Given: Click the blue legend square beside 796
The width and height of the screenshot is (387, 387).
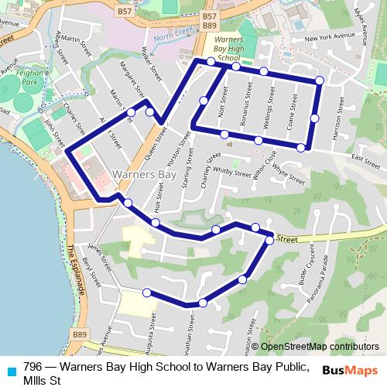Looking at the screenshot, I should click(11, 371).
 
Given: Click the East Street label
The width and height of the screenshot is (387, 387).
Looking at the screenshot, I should click(366, 161).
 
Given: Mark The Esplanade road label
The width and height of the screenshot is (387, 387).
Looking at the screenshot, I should click(74, 268).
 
